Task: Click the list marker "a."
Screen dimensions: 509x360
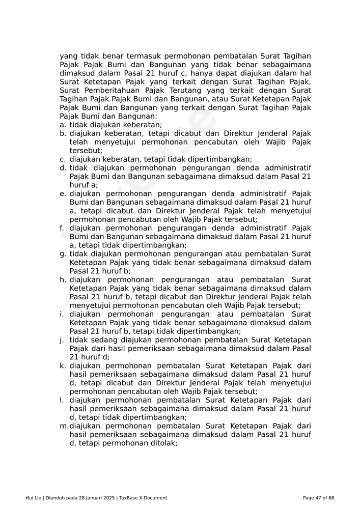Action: tap(63, 125)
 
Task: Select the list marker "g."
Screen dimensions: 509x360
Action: tap(63, 254)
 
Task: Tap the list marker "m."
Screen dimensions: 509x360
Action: tap(64, 426)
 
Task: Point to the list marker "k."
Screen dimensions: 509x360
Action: tap(63, 366)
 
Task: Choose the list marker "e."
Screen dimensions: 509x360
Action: tap(63, 194)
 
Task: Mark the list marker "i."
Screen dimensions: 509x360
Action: tap(62, 314)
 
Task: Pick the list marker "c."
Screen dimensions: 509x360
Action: tap(63, 159)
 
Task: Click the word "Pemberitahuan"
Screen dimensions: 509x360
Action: tap(104, 90)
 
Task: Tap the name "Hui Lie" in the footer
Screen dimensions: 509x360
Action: tap(34, 498)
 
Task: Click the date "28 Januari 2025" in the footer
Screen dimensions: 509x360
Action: tap(96, 498)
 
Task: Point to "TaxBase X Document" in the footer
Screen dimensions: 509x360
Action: tap(143, 498)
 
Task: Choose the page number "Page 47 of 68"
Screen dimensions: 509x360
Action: tap(318, 498)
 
